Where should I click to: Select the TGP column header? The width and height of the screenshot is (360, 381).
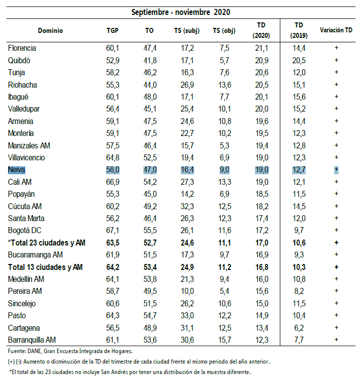click(x=113, y=30)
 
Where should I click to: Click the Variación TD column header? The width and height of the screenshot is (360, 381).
click(x=336, y=30)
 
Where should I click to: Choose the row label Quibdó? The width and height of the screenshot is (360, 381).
click(x=20, y=60)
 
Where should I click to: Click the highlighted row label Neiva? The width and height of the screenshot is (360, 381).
click(x=16, y=170)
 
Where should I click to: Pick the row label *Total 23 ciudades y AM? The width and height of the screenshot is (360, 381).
click(x=47, y=243)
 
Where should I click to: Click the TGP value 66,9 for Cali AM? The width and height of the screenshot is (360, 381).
click(x=113, y=182)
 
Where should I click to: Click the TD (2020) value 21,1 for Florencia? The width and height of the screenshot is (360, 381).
click(x=261, y=48)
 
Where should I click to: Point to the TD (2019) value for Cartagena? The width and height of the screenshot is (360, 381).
click(x=299, y=328)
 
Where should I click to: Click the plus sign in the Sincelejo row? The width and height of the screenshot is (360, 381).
click(x=337, y=303)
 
